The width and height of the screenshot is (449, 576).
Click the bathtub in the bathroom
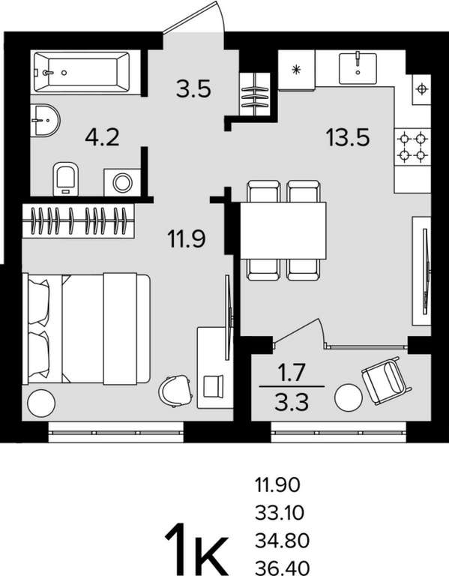tap(81, 72)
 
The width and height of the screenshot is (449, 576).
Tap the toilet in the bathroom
tap(66, 178)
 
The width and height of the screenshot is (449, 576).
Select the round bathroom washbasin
tap(45, 120)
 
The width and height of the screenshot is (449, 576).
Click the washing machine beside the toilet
tap(122, 182)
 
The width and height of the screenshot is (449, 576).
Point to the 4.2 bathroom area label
tap(102, 138)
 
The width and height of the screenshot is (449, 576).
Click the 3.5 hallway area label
tap(193, 88)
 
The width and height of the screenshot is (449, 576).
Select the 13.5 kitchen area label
tap(347, 137)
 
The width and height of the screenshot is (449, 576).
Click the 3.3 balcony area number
tap(292, 402)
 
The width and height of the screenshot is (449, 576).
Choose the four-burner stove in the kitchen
tap(413, 147)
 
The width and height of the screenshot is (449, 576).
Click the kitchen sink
tap(358, 68)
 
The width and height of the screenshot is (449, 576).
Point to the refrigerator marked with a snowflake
tap(296, 70)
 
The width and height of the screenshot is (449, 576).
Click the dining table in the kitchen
tap(283, 230)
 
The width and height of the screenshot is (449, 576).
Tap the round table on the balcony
tap(349, 397)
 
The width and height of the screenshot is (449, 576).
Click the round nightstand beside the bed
tap(41, 403)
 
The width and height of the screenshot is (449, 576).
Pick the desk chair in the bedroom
tap(176, 391)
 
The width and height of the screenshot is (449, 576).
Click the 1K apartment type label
tap(196, 548)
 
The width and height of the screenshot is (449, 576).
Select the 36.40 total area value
tap(282, 568)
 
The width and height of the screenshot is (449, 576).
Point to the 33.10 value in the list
tap(280, 513)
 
